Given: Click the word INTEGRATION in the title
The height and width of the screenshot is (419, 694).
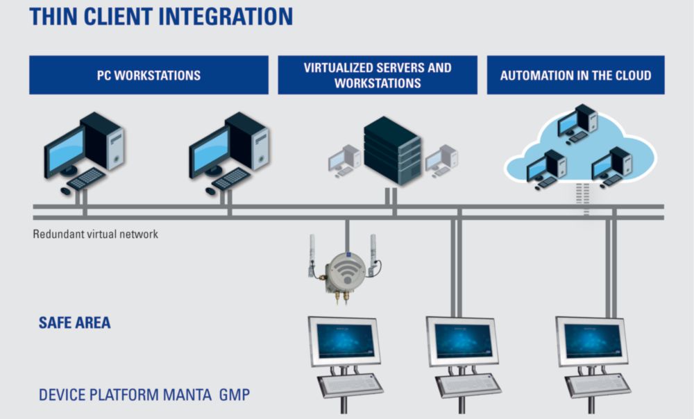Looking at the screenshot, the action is click(226, 17).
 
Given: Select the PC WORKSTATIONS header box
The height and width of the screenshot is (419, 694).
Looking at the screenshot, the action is click(149, 75).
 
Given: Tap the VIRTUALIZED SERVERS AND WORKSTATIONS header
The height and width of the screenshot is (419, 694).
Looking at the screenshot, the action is click(378, 75).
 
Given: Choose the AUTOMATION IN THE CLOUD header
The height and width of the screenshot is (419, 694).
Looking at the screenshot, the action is click(575, 75).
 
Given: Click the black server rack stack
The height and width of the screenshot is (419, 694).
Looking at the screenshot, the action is click(392, 151).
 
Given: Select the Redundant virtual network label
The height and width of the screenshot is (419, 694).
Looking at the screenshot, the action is click(95, 234).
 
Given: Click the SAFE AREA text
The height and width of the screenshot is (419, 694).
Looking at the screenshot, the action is click(74, 323).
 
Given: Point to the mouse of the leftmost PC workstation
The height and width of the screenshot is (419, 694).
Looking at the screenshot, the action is click(65, 191).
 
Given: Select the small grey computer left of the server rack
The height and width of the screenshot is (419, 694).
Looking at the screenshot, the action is click(344, 160).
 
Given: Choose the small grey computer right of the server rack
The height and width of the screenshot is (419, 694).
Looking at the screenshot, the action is click(441, 160).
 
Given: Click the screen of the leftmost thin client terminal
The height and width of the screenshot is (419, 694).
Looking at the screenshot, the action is click(345, 341).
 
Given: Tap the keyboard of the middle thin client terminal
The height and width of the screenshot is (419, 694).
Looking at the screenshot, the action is click(468, 384).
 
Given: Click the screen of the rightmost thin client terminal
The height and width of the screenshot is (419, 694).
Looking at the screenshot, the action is click(593, 341).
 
